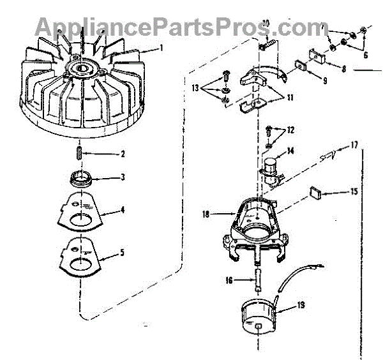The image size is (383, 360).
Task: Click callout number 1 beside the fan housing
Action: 161,48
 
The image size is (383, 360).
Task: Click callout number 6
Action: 365,55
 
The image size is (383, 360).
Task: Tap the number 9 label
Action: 325,81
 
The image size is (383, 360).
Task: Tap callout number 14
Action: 290,151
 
